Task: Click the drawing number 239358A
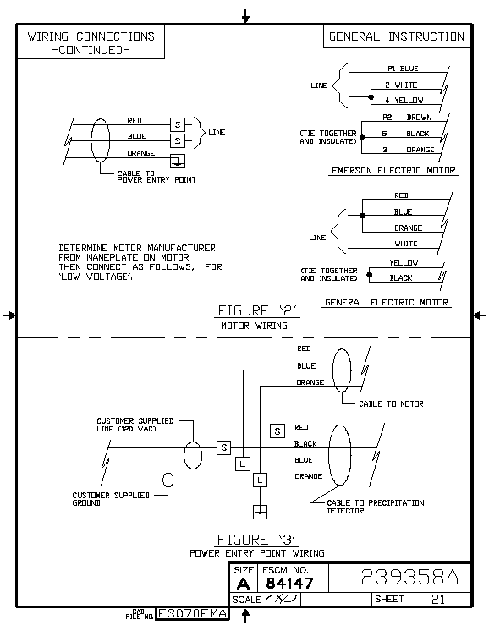(x=409, y=577)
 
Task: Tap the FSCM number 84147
(x=290, y=583)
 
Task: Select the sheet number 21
(x=438, y=600)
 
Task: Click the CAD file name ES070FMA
(x=192, y=613)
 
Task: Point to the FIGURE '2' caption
(x=257, y=310)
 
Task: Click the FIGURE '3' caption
(x=257, y=540)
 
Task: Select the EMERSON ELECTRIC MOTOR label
(x=393, y=171)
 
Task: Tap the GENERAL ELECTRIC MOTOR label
(x=387, y=303)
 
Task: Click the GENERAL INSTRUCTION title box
(x=397, y=36)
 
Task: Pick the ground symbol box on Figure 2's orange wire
(x=178, y=161)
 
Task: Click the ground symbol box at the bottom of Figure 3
(x=260, y=512)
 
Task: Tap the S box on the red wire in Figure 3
(x=277, y=431)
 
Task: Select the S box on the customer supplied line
(x=224, y=447)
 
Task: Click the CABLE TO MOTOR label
(x=391, y=404)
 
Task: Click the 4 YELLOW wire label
(x=404, y=100)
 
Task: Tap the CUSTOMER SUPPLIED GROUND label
(x=111, y=499)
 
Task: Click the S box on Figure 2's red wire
(x=178, y=124)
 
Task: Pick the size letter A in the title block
(x=243, y=584)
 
